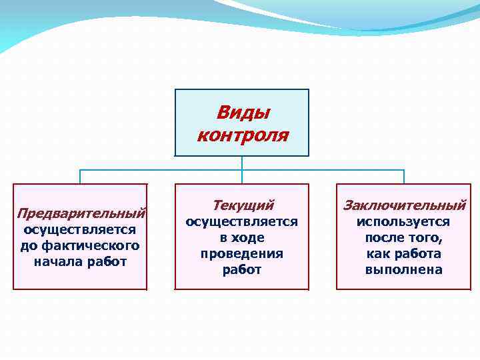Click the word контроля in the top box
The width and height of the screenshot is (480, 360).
pos(243,135)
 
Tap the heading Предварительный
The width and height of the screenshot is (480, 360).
pos(81,213)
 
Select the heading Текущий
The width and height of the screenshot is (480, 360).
pos(243,205)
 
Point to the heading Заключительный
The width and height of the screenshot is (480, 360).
pos(404,205)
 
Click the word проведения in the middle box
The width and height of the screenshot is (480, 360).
pos(242,254)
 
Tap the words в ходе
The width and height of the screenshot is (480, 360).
pos(242,238)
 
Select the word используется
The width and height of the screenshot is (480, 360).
pos(403,222)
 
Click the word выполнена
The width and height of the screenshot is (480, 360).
pos(403,270)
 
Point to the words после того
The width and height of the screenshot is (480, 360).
pos(403,238)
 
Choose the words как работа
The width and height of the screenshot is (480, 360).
pos(403,254)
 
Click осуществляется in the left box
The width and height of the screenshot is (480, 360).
pos(80,230)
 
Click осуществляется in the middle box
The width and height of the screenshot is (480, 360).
pos(242,222)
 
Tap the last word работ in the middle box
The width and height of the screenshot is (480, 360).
pos(242,270)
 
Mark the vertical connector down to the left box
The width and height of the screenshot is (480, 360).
pos(81,177)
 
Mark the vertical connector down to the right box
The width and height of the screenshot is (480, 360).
pos(404,177)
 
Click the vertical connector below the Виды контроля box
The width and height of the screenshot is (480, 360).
pos(242,163)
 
